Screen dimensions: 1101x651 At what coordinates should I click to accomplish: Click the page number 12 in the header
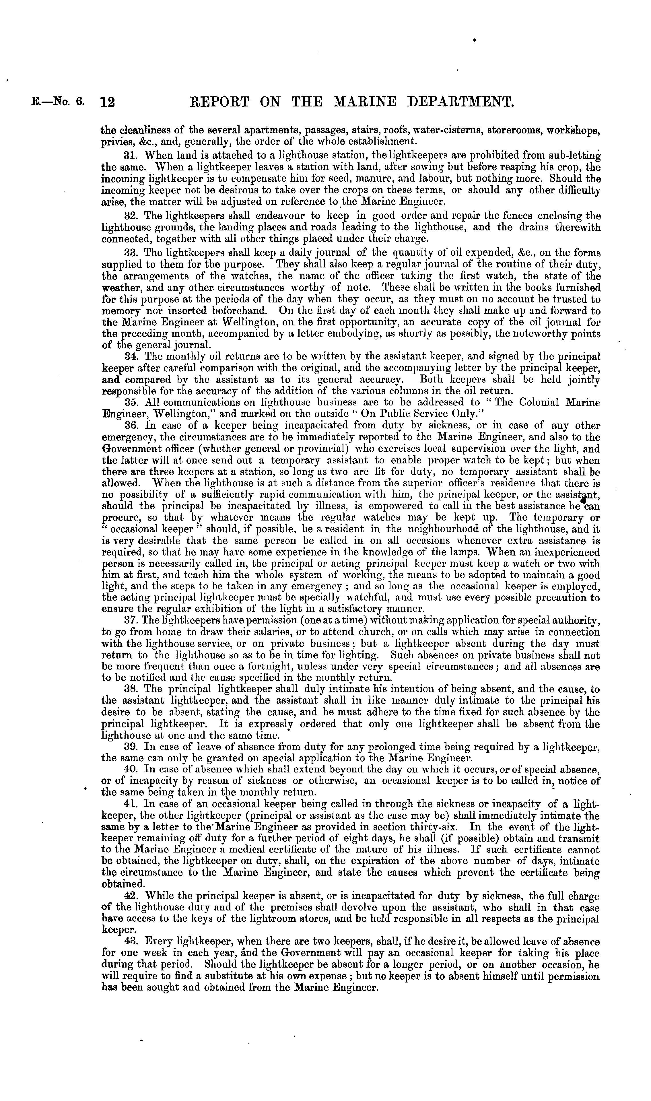coord(108,103)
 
